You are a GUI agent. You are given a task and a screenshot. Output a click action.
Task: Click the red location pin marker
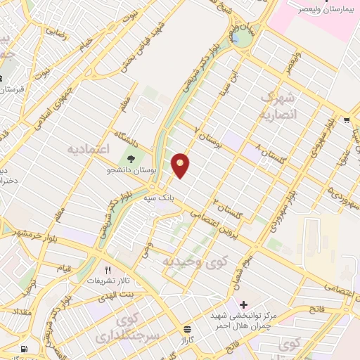click(181, 165)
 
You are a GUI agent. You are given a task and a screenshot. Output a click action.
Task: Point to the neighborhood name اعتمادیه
click(90, 150)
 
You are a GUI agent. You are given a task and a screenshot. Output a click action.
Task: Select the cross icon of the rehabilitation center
click(243, 304)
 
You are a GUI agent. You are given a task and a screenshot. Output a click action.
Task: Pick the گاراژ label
click(186, 340)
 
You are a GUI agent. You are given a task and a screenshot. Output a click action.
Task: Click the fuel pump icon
click(25, 349)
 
